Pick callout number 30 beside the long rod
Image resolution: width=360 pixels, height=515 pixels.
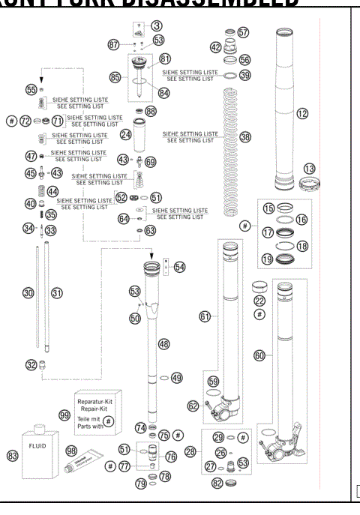pyautogui.click(x=28, y=293)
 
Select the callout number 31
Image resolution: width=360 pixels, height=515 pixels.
pyautogui.click(x=56, y=293)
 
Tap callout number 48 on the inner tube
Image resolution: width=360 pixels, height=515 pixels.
pyautogui.click(x=163, y=343)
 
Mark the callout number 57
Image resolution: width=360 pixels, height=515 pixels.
pyautogui.click(x=242, y=33)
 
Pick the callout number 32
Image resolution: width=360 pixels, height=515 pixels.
pyautogui.click(x=31, y=365)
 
